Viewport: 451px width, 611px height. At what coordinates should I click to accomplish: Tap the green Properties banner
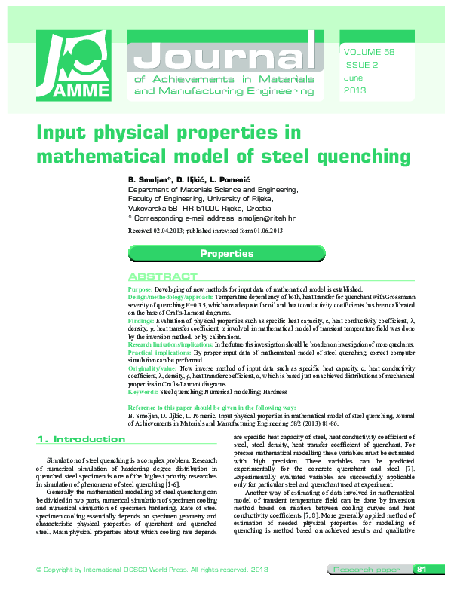tap(226, 253)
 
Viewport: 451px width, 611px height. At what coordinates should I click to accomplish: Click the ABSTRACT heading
tap(162, 276)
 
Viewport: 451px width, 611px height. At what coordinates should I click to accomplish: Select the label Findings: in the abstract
tap(142, 319)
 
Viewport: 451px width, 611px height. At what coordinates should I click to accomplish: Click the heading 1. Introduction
tap(81, 439)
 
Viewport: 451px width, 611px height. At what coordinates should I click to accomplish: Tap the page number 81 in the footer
tap(422, 590)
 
